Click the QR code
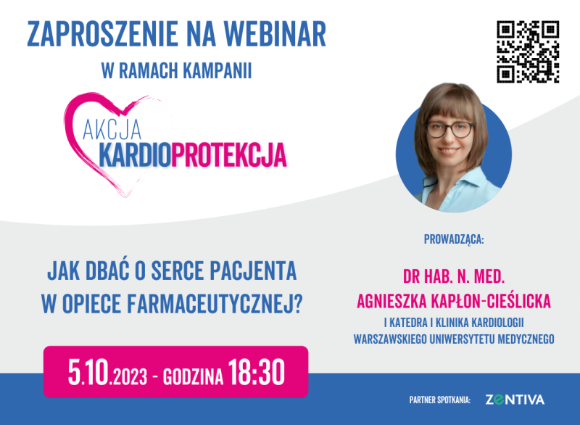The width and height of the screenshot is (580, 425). tap(528, 51)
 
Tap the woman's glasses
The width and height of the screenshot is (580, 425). tap(449, 130)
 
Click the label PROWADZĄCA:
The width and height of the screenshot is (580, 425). tap(453, 238)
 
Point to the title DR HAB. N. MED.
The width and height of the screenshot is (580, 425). tap(453, 277)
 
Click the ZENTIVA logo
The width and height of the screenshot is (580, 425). tap(515, 400)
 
